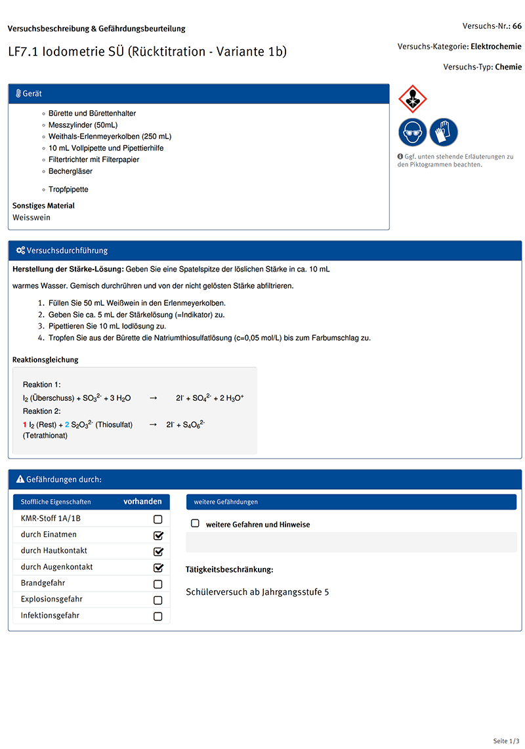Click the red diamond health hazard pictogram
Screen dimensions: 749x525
[x=413, y=99]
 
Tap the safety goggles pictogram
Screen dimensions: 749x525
[x=413, y=132]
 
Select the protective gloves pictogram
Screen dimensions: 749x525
[x=444, y=132]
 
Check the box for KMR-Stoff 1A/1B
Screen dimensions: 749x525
[x=157, y=519]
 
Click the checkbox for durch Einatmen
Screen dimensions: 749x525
[x=157, y=535]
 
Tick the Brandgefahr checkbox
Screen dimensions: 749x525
[x=157, y=584]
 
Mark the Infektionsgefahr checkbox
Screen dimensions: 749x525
[x=157, y=617]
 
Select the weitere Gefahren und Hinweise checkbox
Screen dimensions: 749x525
[x=195, y=524]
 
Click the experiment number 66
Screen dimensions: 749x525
[x=517, y=26]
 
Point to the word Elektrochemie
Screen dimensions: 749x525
[x=496, y=47]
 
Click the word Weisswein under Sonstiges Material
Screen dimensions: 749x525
[x=31, y=218]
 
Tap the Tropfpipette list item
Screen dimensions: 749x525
[x=68, y=190]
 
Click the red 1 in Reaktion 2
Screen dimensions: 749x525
[x=25, y=425]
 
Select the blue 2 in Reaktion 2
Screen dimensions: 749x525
[x=67, y=425]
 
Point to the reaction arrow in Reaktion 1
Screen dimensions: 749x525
[x=153, y=398]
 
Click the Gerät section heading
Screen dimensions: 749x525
[x=32, y=94]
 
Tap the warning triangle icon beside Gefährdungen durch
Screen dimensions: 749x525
[x=20, y=479]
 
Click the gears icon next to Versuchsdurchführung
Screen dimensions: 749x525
[x=20, y=251]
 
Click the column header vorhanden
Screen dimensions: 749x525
[x=142, y=502]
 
